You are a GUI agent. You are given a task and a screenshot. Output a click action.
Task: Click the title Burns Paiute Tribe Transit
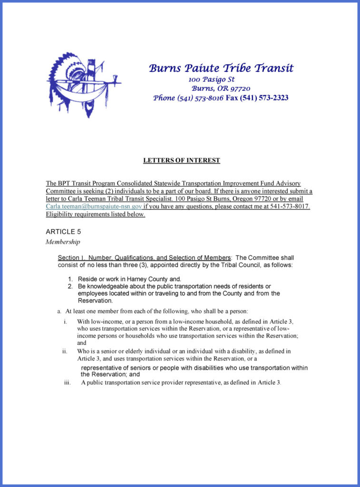(x=221, y=68)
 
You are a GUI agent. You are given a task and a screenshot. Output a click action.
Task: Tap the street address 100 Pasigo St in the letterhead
(x=212, y=79)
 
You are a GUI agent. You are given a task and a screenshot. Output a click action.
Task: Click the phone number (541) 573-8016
(x=200, y=98)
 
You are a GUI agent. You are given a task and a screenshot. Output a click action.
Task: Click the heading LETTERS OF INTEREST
(x=182, y=160)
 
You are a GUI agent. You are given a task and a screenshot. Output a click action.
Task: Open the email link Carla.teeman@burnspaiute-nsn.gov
(x=94, y=206)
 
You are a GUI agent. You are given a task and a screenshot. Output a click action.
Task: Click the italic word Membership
(x=63, y=242)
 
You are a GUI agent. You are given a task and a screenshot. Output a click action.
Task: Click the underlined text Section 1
(x=71, y=257)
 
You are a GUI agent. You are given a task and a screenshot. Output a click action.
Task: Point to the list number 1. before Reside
(x=70, y=279)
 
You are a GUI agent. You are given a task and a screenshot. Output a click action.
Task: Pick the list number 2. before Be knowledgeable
(x=70, y=286)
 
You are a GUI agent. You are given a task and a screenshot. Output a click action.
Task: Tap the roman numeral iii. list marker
(x=67, y=382)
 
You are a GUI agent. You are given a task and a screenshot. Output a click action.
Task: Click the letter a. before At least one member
(x=59, y=311)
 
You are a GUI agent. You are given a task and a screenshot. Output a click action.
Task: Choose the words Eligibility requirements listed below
(x=95, y=214)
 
